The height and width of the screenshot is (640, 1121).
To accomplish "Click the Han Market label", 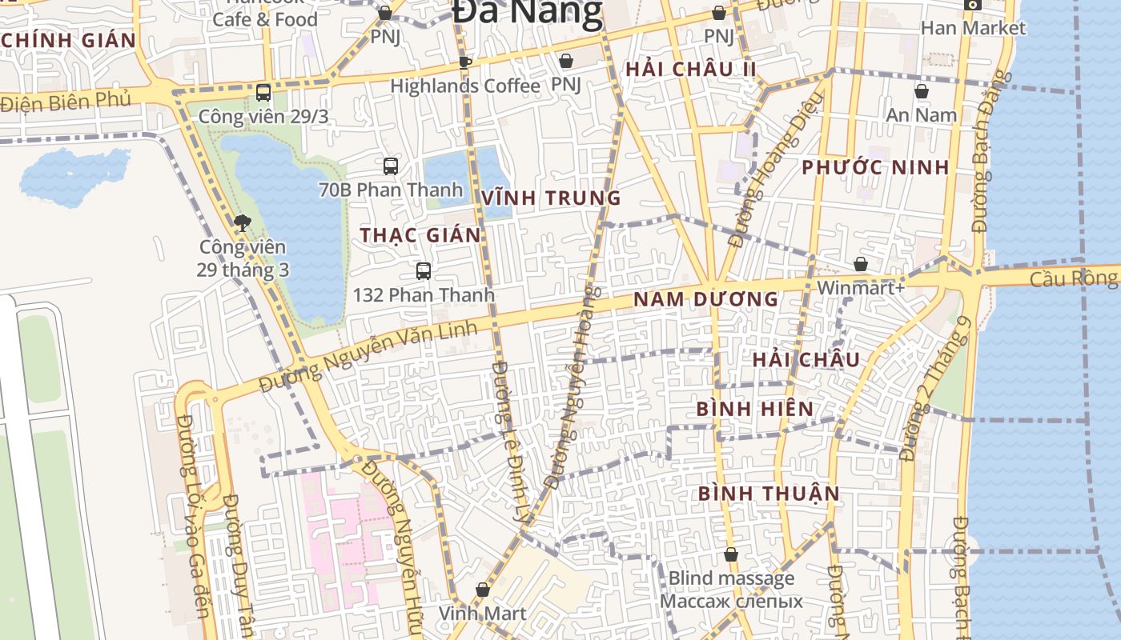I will click(x=972, y=28).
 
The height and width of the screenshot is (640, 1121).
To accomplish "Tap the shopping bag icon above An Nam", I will click(x=922, y=92).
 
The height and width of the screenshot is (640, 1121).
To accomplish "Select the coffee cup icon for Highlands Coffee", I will click(x=464, y=62).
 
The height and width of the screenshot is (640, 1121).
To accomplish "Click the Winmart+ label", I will click(x=861, y=286).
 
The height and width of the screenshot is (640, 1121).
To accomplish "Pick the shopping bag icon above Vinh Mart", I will click(x=482, y=590).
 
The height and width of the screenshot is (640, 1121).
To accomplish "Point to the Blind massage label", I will click(x=731, y=578).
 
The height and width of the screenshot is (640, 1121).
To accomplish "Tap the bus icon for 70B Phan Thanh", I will click(x=390, y=166).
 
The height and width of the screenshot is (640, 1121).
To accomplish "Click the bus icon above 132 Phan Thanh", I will click(x=424, y=271).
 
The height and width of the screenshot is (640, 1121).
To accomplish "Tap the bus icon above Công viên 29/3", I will click(x=263, y=93).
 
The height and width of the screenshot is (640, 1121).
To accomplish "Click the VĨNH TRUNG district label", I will click(x=552, y=198).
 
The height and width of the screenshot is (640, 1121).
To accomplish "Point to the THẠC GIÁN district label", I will click(x=420, y=235).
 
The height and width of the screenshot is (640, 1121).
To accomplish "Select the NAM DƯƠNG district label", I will click(x=705, y=299).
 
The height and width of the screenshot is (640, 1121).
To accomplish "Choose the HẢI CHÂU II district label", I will click(x=690, y=69).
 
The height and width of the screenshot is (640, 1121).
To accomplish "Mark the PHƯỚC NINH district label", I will click(x=875, y=167).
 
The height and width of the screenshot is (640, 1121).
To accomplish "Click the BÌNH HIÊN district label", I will click(x=754, y=409).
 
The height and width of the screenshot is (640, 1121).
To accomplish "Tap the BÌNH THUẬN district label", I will click(x=769, y=493).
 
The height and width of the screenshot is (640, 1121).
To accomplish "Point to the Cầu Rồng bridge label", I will click(x=1073, y=278).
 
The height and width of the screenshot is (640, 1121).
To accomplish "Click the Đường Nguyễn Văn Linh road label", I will click(x=368, y=357).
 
